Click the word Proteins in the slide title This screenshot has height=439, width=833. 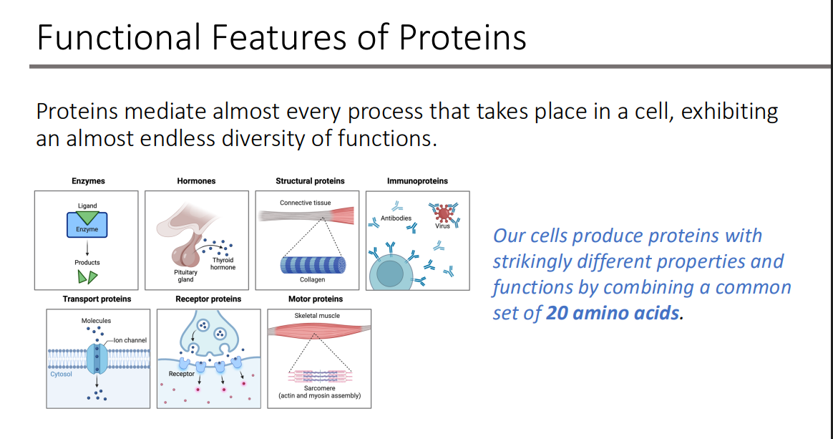coord(462,37)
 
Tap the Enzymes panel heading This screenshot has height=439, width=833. coord(88,180)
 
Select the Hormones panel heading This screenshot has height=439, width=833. coord(196,180)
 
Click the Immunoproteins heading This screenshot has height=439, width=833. coord(417,180)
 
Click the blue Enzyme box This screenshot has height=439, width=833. coord(87,225)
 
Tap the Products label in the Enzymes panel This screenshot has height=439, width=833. coord(87,263)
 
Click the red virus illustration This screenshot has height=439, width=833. coord(444,213)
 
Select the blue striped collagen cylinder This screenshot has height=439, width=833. coord(313,265)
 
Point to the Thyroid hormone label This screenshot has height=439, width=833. coord(223,264)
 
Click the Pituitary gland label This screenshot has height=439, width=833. coord(185,276)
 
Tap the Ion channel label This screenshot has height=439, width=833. coord(130,340)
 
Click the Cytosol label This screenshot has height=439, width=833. coord(61,374)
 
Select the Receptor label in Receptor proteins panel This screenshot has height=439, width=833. coord(182,374)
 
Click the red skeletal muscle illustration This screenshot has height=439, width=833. coord(318,330)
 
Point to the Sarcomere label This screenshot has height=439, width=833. coord(319,388)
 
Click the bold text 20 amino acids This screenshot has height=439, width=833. coord(613,313)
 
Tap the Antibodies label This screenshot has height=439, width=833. coord(396,218)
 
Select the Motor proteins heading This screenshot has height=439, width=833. coord(316,299)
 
